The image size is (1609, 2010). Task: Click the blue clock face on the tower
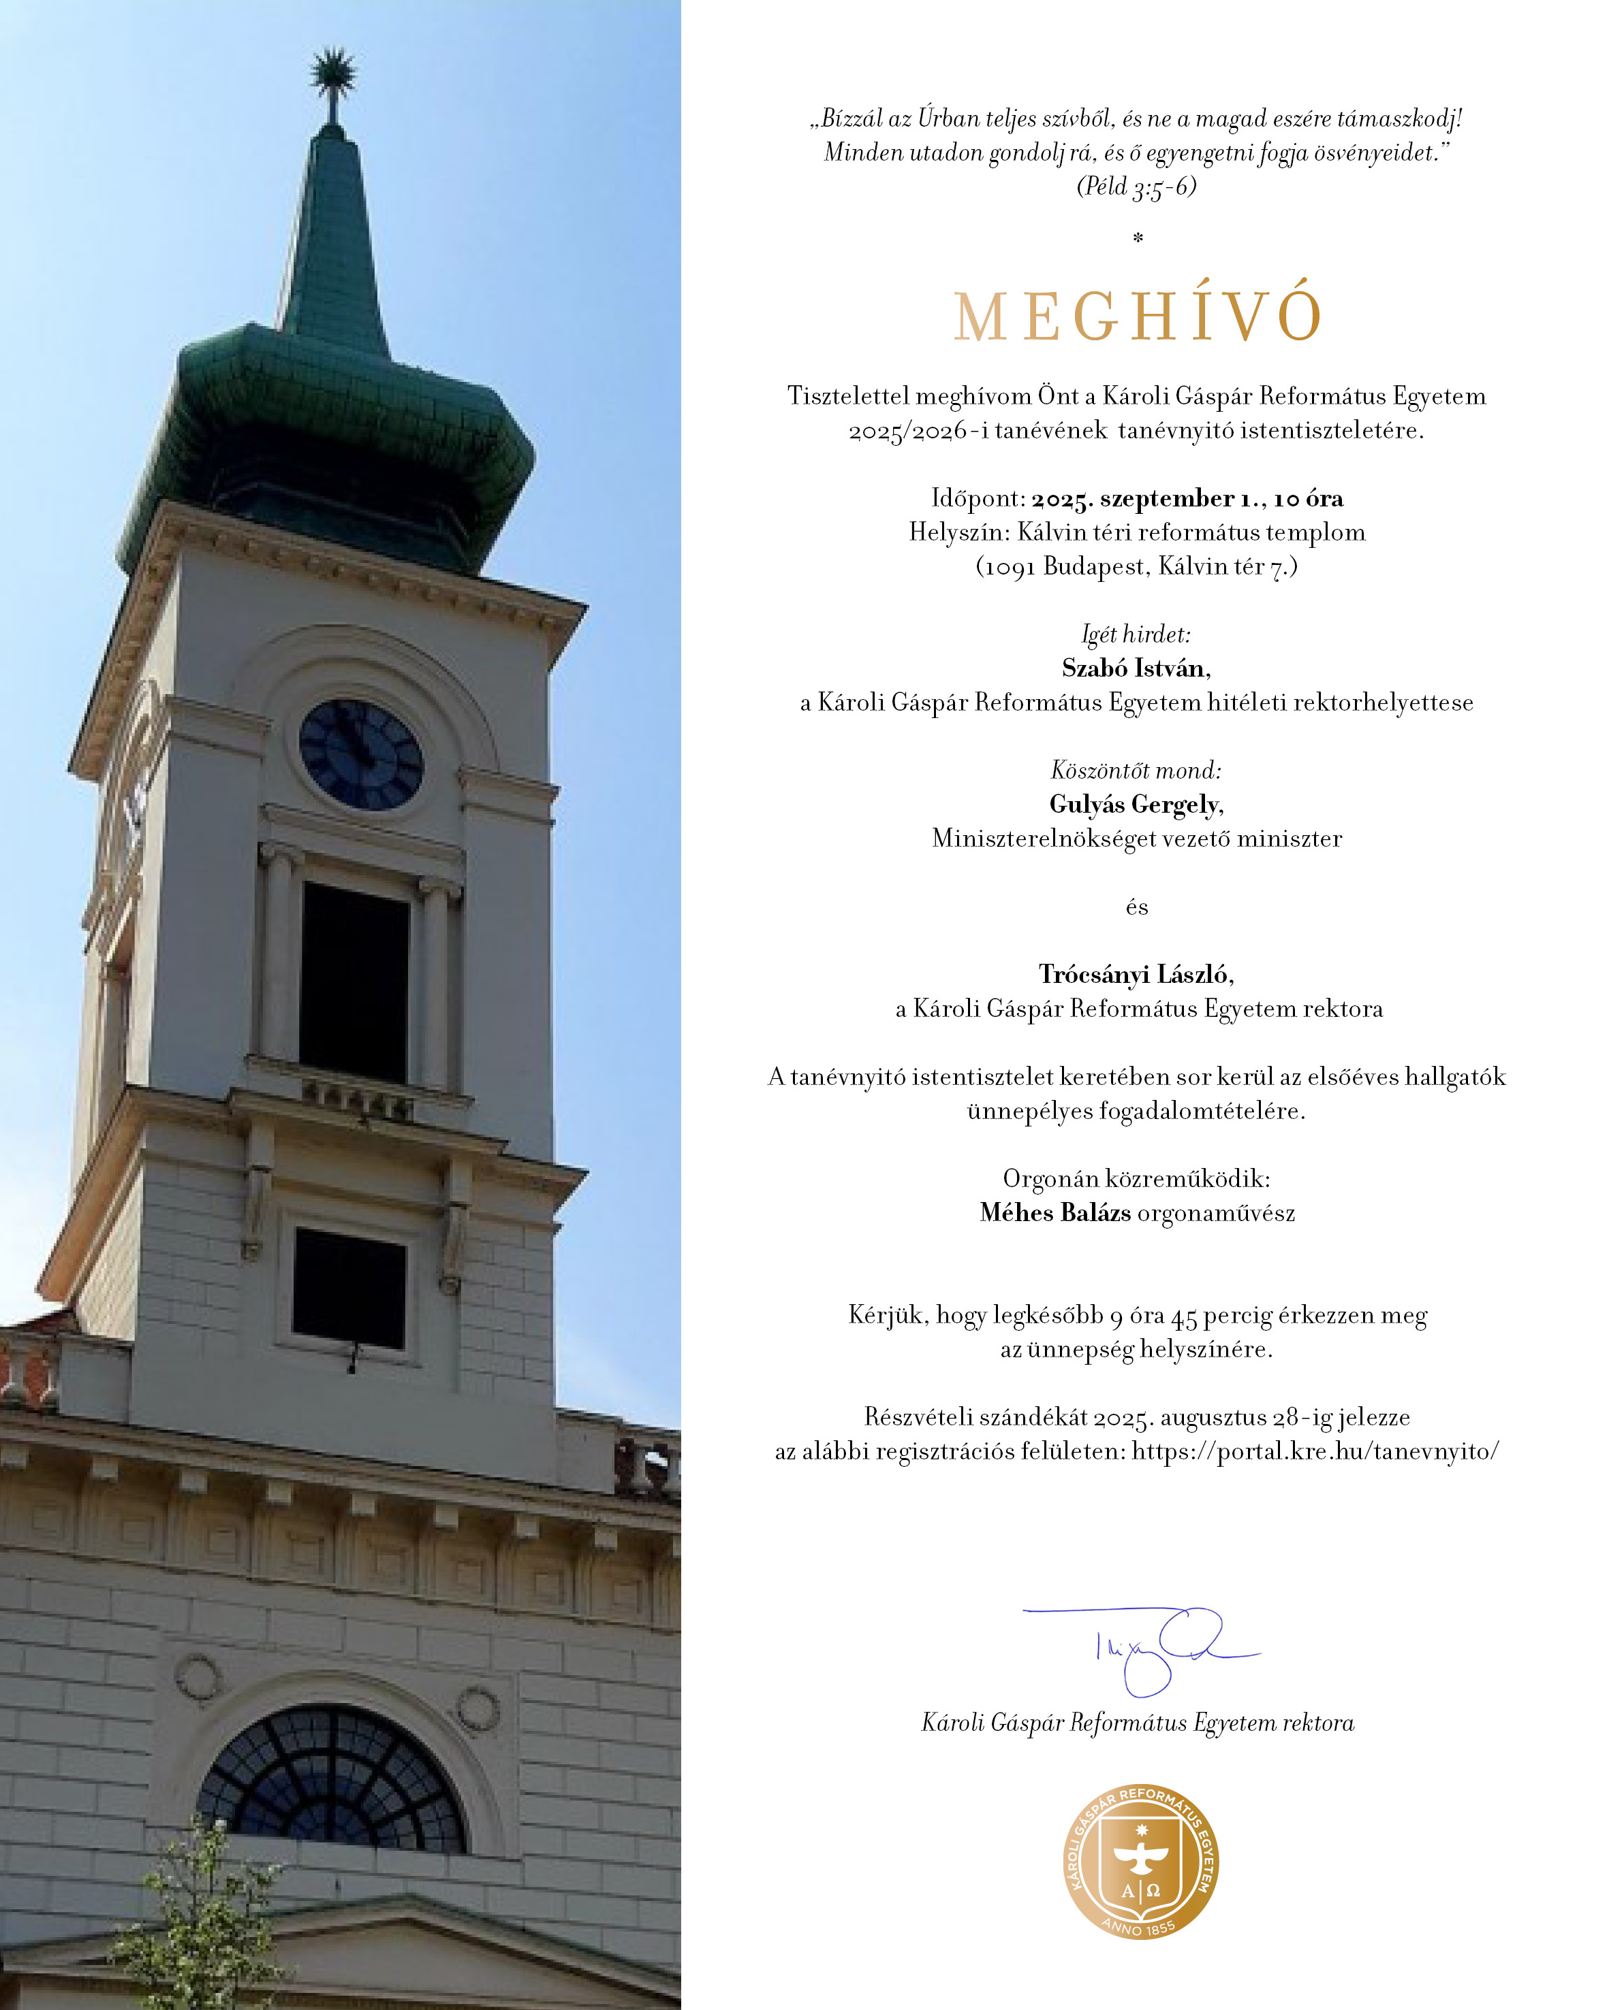[x=361, y=755]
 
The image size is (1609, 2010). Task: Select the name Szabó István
[x=1135, y=668]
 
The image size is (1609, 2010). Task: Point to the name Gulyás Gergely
[x=1135, y=805]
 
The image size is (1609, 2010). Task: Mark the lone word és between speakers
[x=1136, y=907]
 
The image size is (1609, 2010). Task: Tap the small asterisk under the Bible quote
[x=1137, y=239]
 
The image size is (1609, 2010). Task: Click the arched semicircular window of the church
[x=332, y=1781]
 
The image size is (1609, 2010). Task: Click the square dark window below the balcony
[x=349, y=1288]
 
